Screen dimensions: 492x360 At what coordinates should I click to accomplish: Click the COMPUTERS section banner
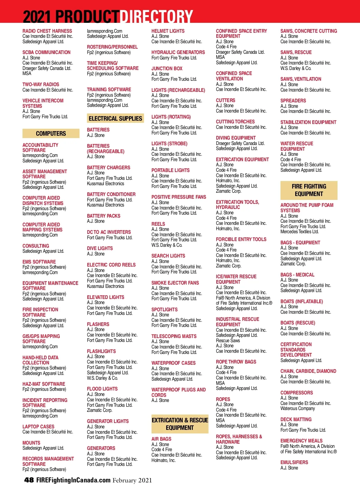pyautogui.click(x=51, y=134)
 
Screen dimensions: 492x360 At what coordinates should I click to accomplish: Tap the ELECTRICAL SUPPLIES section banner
pyautogui.click(x=115, y=119)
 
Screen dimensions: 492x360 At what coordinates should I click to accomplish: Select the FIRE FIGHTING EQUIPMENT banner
pyautogui.click(x=309, y=190)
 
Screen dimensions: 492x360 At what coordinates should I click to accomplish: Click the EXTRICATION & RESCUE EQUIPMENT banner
pyautogui.click(x=180, y=424)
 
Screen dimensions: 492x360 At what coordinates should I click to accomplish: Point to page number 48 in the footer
pyautogui.click(x=29, y=480)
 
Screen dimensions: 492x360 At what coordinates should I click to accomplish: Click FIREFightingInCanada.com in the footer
pyautogui.click(x=73, y=480)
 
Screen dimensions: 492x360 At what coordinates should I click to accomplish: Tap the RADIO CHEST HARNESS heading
pyautogui.click(x=47, y=31)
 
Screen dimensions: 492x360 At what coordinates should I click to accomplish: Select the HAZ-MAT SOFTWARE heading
pyautogui.click(x=43, y=384)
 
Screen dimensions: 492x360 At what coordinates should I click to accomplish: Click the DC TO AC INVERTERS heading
pyautogui.click(x=109, y=232)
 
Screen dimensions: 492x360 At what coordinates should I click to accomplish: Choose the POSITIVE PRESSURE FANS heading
pyautogui.click(x=178, y=197)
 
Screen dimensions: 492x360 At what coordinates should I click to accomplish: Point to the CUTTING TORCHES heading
pyautogui.click(x=235, y=122)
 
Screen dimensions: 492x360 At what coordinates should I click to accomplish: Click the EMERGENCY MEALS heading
pyautogui.click(x=301, y=441)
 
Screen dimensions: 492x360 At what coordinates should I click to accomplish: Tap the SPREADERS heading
pyautogui.click(x=293, y=101)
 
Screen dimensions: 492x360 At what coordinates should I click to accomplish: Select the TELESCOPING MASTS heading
pyautogui.click(x=174, y=336)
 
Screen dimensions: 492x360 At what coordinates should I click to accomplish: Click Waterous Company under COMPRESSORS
pyautogui.click(x=298, y=409)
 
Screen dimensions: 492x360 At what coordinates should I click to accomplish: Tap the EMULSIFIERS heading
pyautogui.click(x=294, y=462)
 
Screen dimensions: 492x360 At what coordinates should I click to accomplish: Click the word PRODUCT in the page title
pyautogui.click(x=87, y=16)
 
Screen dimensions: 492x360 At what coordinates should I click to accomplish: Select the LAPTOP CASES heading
pyautogui.click(x=38, y=427)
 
